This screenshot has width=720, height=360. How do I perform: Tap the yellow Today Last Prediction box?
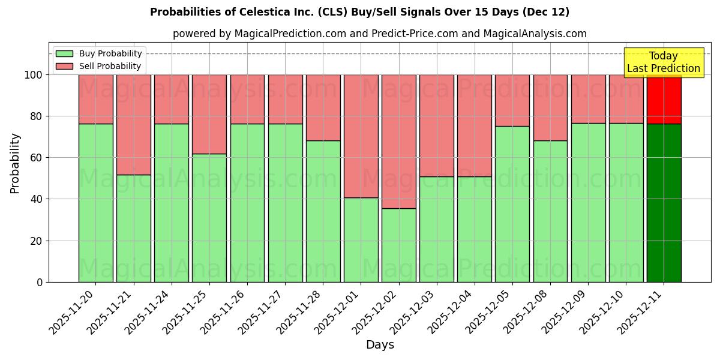664,62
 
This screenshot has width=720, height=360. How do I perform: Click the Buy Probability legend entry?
99,53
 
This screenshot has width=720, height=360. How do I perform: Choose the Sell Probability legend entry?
99,66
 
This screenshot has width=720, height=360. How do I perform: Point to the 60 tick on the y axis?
37,158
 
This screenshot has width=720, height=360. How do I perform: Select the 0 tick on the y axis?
40,282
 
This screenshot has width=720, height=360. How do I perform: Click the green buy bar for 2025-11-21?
133,228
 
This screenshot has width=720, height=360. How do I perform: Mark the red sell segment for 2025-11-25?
209,114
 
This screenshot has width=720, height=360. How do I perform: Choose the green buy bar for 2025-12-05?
512,204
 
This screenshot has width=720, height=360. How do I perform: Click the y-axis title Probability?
15,163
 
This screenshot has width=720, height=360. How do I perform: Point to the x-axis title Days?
380,345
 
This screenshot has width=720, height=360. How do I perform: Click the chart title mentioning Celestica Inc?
359,12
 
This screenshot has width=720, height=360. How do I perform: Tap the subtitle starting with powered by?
379,34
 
